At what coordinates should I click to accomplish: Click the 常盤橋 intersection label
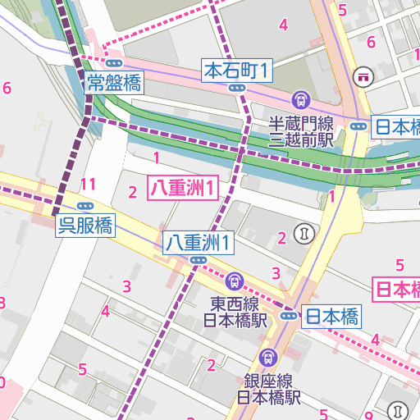tap(114, 82)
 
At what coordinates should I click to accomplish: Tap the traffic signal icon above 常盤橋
tap(114, 63)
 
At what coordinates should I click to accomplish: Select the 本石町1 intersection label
tap(237, 71)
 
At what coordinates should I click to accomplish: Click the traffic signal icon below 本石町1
tap(237, 88)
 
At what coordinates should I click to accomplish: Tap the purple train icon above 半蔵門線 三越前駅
tap(300, 101)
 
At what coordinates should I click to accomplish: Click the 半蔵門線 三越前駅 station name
tap(302, 131)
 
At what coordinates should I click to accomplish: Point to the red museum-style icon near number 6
tap(363, 76)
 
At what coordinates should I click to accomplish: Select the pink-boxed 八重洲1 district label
tap(183, 188)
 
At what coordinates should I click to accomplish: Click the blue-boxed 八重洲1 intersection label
tap(198, 242)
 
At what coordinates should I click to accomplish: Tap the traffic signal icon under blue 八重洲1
tap(198, 260)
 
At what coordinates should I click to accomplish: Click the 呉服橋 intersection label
tap(84, 225)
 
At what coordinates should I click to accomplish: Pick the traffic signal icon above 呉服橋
tap(84, 207)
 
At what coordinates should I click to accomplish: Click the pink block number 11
tap(89, 183)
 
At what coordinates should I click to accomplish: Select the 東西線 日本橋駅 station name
tap(236, 311)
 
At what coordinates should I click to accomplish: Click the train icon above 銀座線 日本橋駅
tap(267, 358)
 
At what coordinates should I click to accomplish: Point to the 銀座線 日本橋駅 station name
tap(269, 389)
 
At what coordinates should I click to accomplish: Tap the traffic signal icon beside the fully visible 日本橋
tap(289, 316)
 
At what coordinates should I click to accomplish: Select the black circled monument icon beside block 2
tap(306, 233)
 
